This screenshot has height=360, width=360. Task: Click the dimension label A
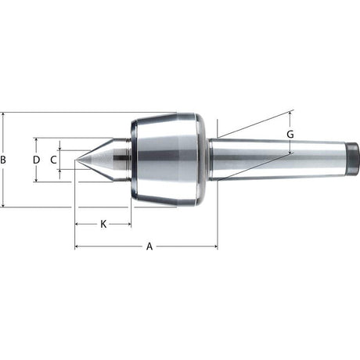(x=149, y=247)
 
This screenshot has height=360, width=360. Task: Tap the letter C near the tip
(x=53, y=160)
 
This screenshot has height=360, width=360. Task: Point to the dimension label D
(x=36, y=160)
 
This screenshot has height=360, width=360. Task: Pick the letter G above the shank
(x=290, y=135)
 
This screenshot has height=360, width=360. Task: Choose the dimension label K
(x=103, y=225)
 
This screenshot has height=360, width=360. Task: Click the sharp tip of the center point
(x=76, y=160)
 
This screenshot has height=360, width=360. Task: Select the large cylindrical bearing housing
(x=168, y=160)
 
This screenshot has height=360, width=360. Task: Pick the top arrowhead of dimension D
(x=36, y=141)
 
